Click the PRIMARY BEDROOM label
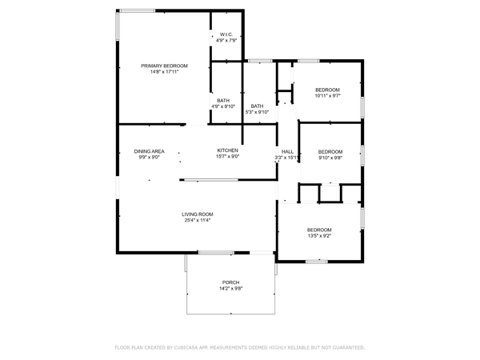coord(164,66)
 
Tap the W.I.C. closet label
coord(226,34)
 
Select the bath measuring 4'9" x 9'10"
coord(222,100)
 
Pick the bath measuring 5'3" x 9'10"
coord(257,106)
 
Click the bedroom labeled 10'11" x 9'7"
coord(327,90)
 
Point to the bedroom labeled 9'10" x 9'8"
coord(330,151)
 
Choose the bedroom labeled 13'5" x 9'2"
coord(320,230)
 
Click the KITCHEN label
coord(228,150)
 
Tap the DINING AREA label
coord(150,150)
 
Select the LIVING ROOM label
coord(197,214)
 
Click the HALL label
coord(286,151)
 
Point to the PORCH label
coord(230,282)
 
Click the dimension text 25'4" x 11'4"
coord(197,220)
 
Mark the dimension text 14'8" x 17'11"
coord(164,72)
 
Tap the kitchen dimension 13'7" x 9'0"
coord(228,157)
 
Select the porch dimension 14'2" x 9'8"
coord(230,289)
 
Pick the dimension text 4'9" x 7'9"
coord(226,41)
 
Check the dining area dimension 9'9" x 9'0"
coord(150,157)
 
